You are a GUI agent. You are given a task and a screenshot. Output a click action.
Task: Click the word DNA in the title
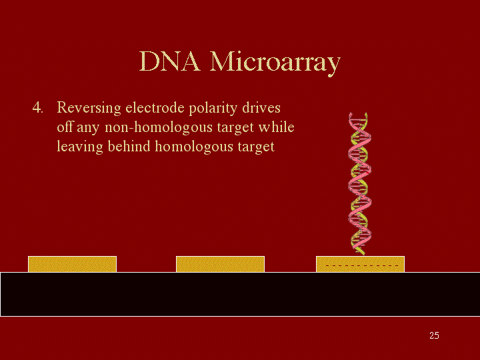click(x=170, y=61)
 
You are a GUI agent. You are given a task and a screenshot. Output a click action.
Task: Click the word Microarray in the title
click(x=275, y=63)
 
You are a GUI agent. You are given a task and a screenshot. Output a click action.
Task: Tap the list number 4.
click(x=37, y=108)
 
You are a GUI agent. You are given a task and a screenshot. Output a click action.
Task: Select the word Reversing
click(x=89, y=109)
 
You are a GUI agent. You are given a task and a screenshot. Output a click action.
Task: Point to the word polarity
click(x=213, y=109)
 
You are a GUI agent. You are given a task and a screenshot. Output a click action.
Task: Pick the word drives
click(x=261, y=108)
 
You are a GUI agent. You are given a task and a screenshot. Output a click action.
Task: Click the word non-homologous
click(x=159, y=127)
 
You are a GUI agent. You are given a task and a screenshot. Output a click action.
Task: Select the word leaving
click(x=80, y=147)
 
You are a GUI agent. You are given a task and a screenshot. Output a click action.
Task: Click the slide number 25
click(x=434, y=335)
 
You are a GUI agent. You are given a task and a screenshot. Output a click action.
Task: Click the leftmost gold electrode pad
click(x=72, y=264)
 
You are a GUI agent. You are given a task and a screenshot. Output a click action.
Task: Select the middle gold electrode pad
click(x=220, y=264)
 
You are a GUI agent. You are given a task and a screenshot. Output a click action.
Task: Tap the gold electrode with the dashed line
click(x=360, y=264)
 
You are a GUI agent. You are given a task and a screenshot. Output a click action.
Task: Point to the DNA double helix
click(x=360, y=184)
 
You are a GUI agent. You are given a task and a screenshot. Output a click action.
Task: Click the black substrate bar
click(x=240, y=294)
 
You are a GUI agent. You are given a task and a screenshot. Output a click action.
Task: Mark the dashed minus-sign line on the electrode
click(x=362, y=266)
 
